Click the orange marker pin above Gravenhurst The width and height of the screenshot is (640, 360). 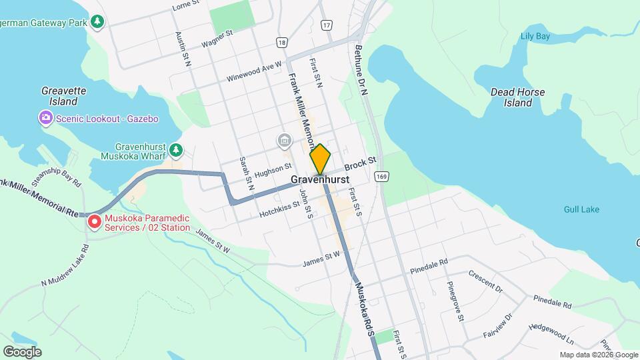320,159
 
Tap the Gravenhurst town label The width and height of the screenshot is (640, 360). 320,180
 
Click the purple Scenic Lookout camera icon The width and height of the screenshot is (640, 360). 45,119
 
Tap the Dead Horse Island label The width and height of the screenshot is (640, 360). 517,97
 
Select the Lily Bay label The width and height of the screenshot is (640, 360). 535,36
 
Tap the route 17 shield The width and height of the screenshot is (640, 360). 325,25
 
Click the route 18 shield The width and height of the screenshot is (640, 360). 283,43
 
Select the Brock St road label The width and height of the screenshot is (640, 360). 361,164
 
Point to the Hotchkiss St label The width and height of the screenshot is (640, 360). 279,210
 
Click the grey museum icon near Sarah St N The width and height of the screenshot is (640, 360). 284,141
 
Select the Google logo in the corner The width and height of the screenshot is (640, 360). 22,351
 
